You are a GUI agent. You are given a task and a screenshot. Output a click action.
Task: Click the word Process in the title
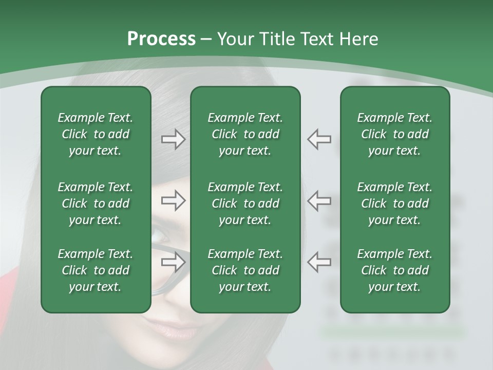pos(161,39)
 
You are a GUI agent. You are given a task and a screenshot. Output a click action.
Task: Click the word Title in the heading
pos(276,39)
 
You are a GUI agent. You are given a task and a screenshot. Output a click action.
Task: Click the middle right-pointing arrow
pos(173,200)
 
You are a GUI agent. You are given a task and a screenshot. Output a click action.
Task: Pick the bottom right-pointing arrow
pos(173,262)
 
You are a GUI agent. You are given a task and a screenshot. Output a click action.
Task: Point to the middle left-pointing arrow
pos(319,200)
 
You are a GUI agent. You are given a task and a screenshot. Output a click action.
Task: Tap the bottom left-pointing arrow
pos(319,262)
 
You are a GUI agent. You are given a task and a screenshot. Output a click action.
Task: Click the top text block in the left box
pos(96,134)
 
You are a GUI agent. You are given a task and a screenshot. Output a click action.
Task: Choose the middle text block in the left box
pos(96,203)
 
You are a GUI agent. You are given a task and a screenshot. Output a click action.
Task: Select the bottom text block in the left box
pos(96,270)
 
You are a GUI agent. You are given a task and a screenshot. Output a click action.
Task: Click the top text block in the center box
pos(245,134)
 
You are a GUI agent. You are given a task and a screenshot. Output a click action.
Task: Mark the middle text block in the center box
pos(245,203)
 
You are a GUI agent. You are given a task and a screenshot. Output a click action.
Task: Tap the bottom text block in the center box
pos(245,270)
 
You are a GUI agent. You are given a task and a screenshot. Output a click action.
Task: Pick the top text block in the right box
pos(395,134)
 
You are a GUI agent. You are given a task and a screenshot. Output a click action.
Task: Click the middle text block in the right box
pos(395,203)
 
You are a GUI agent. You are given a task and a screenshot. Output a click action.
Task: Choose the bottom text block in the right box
pos(395,270)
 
